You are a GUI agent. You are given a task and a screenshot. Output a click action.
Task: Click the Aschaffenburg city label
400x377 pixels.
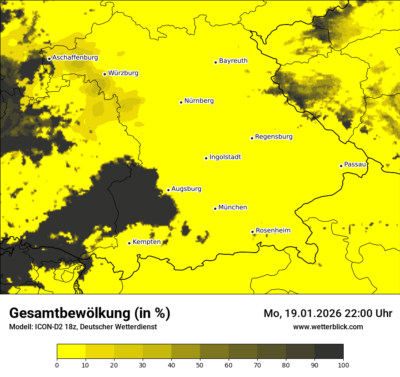pos(75,58)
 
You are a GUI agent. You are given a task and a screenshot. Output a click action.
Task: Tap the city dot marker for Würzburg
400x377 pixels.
pos(105,74)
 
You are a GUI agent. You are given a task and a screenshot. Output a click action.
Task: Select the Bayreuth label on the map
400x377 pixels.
pos(233,60)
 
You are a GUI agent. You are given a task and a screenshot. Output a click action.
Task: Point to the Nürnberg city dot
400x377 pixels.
pos(181,102)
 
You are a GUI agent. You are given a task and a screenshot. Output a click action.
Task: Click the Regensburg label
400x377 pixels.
pos(274,136)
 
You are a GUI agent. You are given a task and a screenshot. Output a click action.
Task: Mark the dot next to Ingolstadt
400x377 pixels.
pos(206,158)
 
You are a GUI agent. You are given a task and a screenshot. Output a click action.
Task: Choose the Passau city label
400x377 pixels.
pos(355,164)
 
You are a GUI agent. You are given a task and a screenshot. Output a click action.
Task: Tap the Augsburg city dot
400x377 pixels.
pos(168,190)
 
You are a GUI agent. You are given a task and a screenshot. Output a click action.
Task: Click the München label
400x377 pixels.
pos(233,207)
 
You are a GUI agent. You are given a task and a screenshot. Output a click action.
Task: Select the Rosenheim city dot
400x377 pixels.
pos(252,232)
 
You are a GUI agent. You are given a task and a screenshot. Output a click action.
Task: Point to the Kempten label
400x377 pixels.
pos(146,242)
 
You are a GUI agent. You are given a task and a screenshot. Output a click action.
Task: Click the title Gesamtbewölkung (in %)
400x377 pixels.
pos(90,313)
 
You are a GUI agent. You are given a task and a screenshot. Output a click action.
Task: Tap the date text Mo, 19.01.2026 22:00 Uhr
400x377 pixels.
pos(328,313)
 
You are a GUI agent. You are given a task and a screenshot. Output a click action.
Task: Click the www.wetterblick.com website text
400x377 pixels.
pos(328,327)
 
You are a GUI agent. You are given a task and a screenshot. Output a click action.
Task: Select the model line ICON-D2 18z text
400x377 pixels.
pos(83,327)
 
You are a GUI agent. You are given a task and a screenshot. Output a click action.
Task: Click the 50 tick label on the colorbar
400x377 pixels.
pos(200,365)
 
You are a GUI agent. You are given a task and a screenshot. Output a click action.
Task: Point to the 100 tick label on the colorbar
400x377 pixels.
pos(343,365)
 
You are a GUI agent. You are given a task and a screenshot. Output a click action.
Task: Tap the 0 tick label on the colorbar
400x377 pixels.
pos(57,365)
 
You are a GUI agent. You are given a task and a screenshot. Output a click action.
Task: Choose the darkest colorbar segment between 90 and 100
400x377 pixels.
pos(329,352)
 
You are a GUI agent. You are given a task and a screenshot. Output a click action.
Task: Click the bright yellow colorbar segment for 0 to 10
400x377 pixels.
pos(71,352)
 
